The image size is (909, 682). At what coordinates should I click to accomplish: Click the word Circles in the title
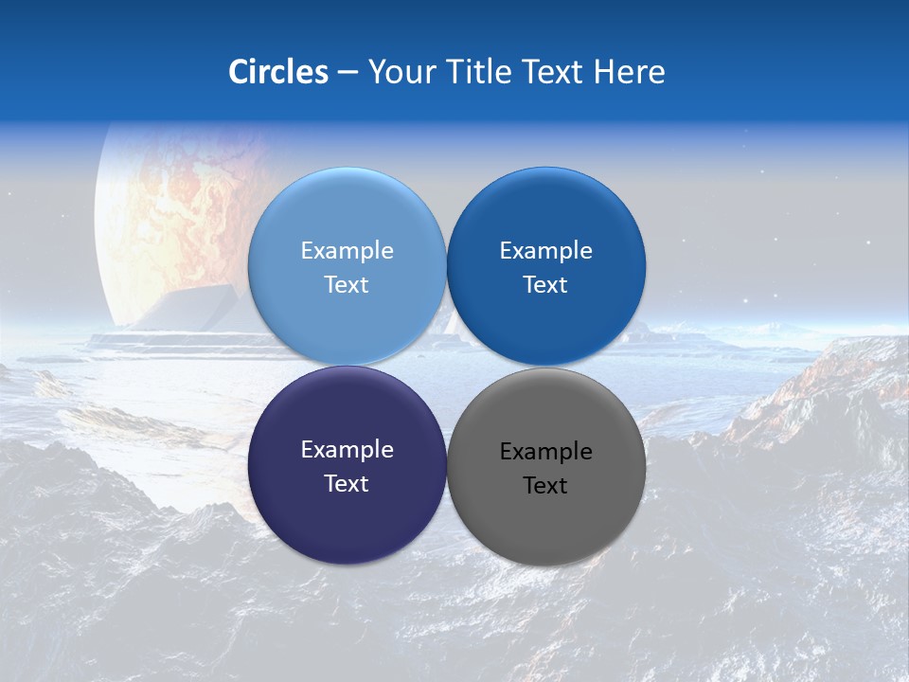point(278,72)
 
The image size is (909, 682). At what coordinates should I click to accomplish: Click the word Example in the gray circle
point(546,452)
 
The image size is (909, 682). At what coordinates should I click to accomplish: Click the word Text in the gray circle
point(545,486)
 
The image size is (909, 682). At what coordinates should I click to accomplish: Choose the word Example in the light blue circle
point(347,251)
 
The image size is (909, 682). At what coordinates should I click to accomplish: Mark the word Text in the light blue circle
point(347,285)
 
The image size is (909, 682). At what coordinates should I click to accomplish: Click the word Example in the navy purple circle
point(347,450)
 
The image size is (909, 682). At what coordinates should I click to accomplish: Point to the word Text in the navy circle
point(347,484)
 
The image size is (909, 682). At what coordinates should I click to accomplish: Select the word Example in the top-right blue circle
point(546,251)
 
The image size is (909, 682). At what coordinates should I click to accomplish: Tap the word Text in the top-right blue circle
point(545,285)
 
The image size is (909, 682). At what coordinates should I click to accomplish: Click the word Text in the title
point(554,72)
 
